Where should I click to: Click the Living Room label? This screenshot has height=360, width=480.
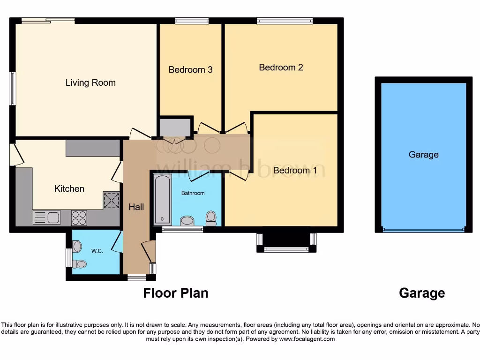pyautogui.click(x=90, y=83)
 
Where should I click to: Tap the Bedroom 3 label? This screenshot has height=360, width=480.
pyautogui.click(x=190, y=70)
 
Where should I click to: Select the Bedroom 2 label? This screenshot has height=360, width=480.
pyautogui.click(x=281, y=67)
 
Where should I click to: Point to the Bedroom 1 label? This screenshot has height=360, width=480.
pyautogui.click(x=295, y=170)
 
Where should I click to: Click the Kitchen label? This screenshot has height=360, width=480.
pyautogui.click(x=69, y=188)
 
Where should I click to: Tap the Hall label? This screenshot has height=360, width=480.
pyautogui.click(x=136, y=207)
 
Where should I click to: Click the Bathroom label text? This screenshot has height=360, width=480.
pyautogui.click(x=193, y=193)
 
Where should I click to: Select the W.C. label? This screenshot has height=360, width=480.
pyautogui.click(x=97, y=251)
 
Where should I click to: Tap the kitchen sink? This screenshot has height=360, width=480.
pyautogui.click(x=46, y=217)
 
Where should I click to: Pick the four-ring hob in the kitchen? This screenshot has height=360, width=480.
pyautogui.click(x=79, y=217)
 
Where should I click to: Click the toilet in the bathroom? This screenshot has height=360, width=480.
pyautogui.click(x=211, y=218)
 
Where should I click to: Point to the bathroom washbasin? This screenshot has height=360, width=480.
pyautogui.click(x=187, y=221)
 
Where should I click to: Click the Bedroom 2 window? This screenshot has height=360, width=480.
pyautogui.click(x=285, y=21)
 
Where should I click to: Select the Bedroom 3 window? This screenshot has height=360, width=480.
pyautogui.click(x=192, y=21)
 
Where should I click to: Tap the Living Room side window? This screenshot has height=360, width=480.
pyautogui.click(x=13, y=88)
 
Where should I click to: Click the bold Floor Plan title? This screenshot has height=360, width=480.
pyautogui.click(x=175, y=293)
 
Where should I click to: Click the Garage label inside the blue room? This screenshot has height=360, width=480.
pyautogui.click(x=423, y=155)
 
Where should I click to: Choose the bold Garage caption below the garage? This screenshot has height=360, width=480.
pyautogui.click(x=422, y=293)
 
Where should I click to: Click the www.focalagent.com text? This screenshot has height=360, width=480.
pyautogui.click(x=307, y=339)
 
